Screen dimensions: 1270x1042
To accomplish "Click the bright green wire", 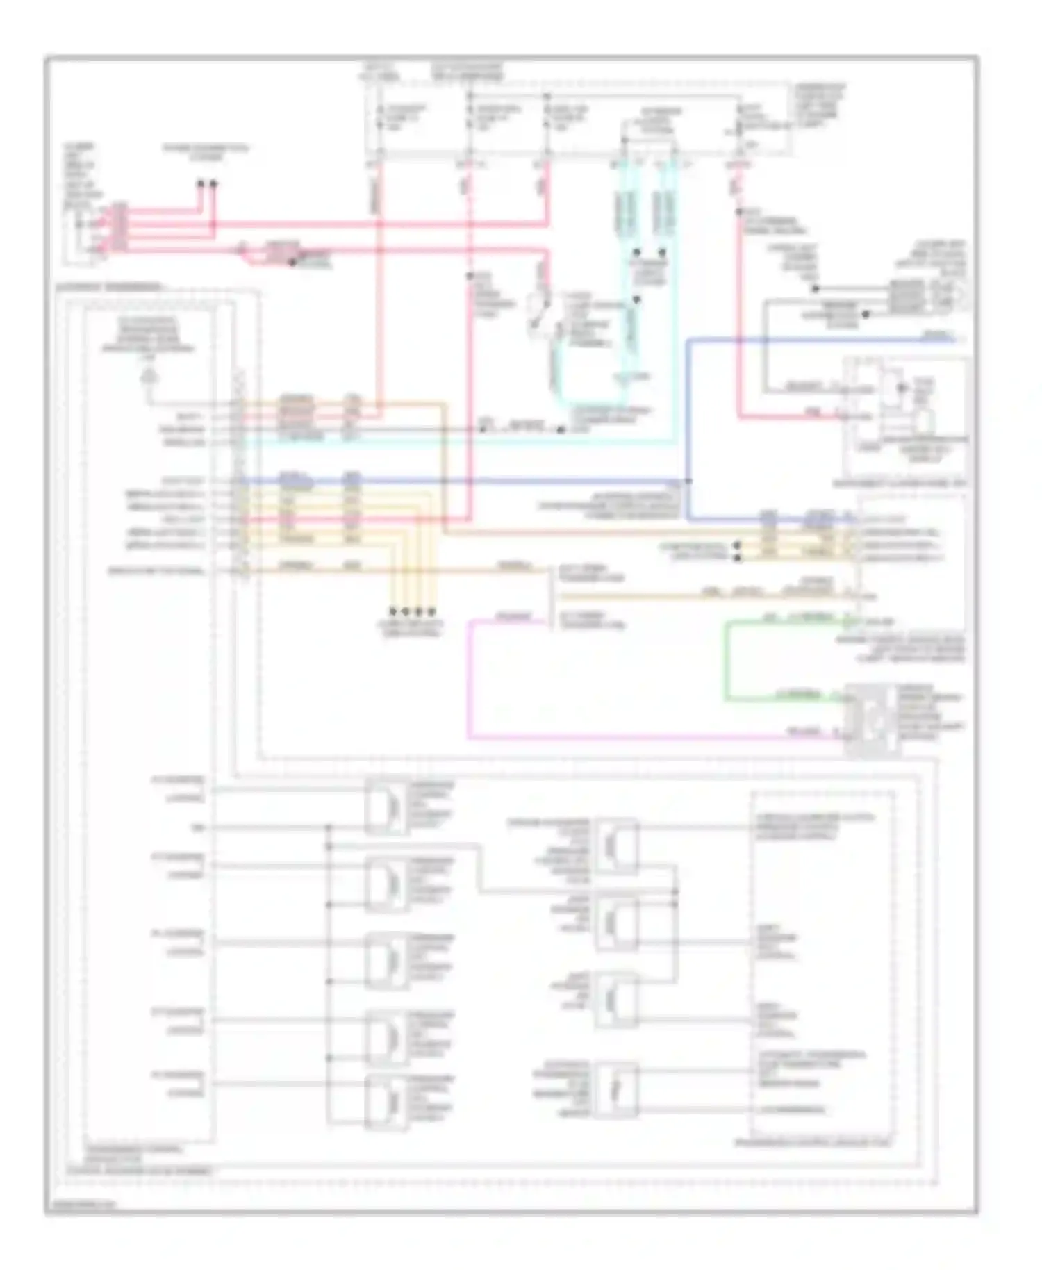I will click(x=727, y=660).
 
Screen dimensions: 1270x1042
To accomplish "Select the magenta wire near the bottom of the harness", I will click(x=470, y=681).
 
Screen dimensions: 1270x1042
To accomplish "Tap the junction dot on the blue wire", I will click(x=688, y=481).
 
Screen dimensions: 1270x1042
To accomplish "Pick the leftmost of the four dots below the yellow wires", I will click(x=393, y=611).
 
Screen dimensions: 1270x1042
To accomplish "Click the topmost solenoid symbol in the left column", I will click(x=386, y=806).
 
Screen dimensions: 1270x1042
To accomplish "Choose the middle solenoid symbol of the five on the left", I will click(x=386, y=960).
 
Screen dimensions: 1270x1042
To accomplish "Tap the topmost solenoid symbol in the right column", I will click(x=615, y=845).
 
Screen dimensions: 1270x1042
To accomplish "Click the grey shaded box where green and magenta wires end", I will click(x=871, y=720).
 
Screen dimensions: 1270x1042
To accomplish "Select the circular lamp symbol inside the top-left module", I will click(x=148, y=377).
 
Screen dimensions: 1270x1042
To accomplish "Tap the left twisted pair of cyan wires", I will click(x=625, y=208).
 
